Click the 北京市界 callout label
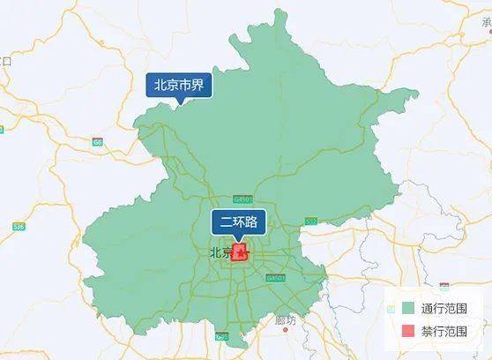pyautogui.click(x=179, y=86)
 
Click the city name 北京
pyautogui.click(x=220, y=253)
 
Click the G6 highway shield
pyautogui.click(x=97, y=141)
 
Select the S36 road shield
pyautogui.click(x=19, y=227)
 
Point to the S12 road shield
pyautogui.click(x=310, y=221)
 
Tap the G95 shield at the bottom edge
pyautogui.click(x=221, y=335)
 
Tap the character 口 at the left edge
pyautogui.click(x=6, y=61)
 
